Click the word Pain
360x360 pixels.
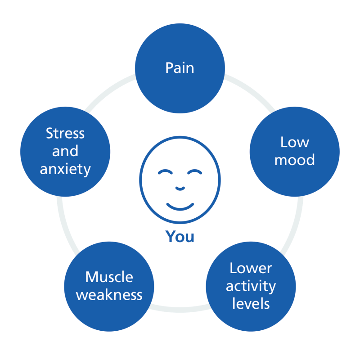coord(180,68)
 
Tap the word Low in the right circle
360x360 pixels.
coord(295,142)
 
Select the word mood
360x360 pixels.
coord(295,160)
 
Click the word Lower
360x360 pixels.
coord(251,268)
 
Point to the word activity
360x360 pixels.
coord(251,287)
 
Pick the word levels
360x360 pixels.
coord(251,303)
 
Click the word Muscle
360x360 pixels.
coord(109,277)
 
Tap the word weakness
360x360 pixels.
coord(109,295)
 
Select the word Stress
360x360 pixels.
coord(65,133)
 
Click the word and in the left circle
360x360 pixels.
coord(65,151)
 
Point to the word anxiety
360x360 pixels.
coord(65,170)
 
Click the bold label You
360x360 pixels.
coord(180,237)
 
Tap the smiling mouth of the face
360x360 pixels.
coord(180,207)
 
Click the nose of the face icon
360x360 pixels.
coord(180,189)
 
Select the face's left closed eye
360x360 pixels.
coord(165,172)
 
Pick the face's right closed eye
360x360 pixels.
coord(195,172)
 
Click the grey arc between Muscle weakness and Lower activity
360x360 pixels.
coord(180,310)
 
